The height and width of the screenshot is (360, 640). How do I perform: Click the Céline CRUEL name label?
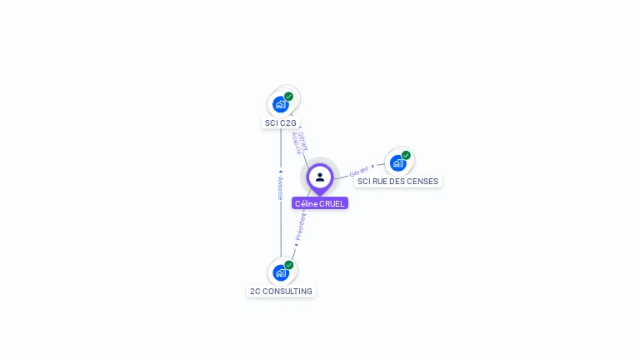point(320,203)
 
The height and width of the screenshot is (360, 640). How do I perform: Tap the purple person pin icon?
point(320,177)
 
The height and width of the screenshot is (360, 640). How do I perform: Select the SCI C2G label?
point(281,122)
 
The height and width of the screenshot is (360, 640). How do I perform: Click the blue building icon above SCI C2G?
point(281,105)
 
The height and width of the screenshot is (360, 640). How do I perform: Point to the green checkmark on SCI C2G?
point(288,97)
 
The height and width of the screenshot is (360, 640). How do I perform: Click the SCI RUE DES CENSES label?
point(397,181)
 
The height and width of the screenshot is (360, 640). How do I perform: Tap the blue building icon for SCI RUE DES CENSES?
point(398,163)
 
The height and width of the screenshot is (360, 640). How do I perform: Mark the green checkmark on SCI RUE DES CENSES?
point(406,155)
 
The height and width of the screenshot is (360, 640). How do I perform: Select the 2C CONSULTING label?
point(281,291)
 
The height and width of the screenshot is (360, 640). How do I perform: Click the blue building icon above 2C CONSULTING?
point(281,273)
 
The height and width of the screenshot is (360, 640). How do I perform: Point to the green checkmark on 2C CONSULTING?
point(288,265)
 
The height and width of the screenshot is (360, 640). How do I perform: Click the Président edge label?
point(301,227)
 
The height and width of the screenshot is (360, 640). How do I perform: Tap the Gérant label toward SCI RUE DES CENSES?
point(359,171)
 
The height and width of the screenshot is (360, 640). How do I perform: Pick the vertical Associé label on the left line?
point(280,187)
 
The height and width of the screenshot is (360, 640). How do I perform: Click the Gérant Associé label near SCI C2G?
point(299,142)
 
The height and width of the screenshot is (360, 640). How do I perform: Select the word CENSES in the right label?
point(422,181)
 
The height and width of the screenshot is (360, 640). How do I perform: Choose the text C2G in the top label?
point(287,122)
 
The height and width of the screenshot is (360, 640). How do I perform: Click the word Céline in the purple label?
point(307,203)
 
